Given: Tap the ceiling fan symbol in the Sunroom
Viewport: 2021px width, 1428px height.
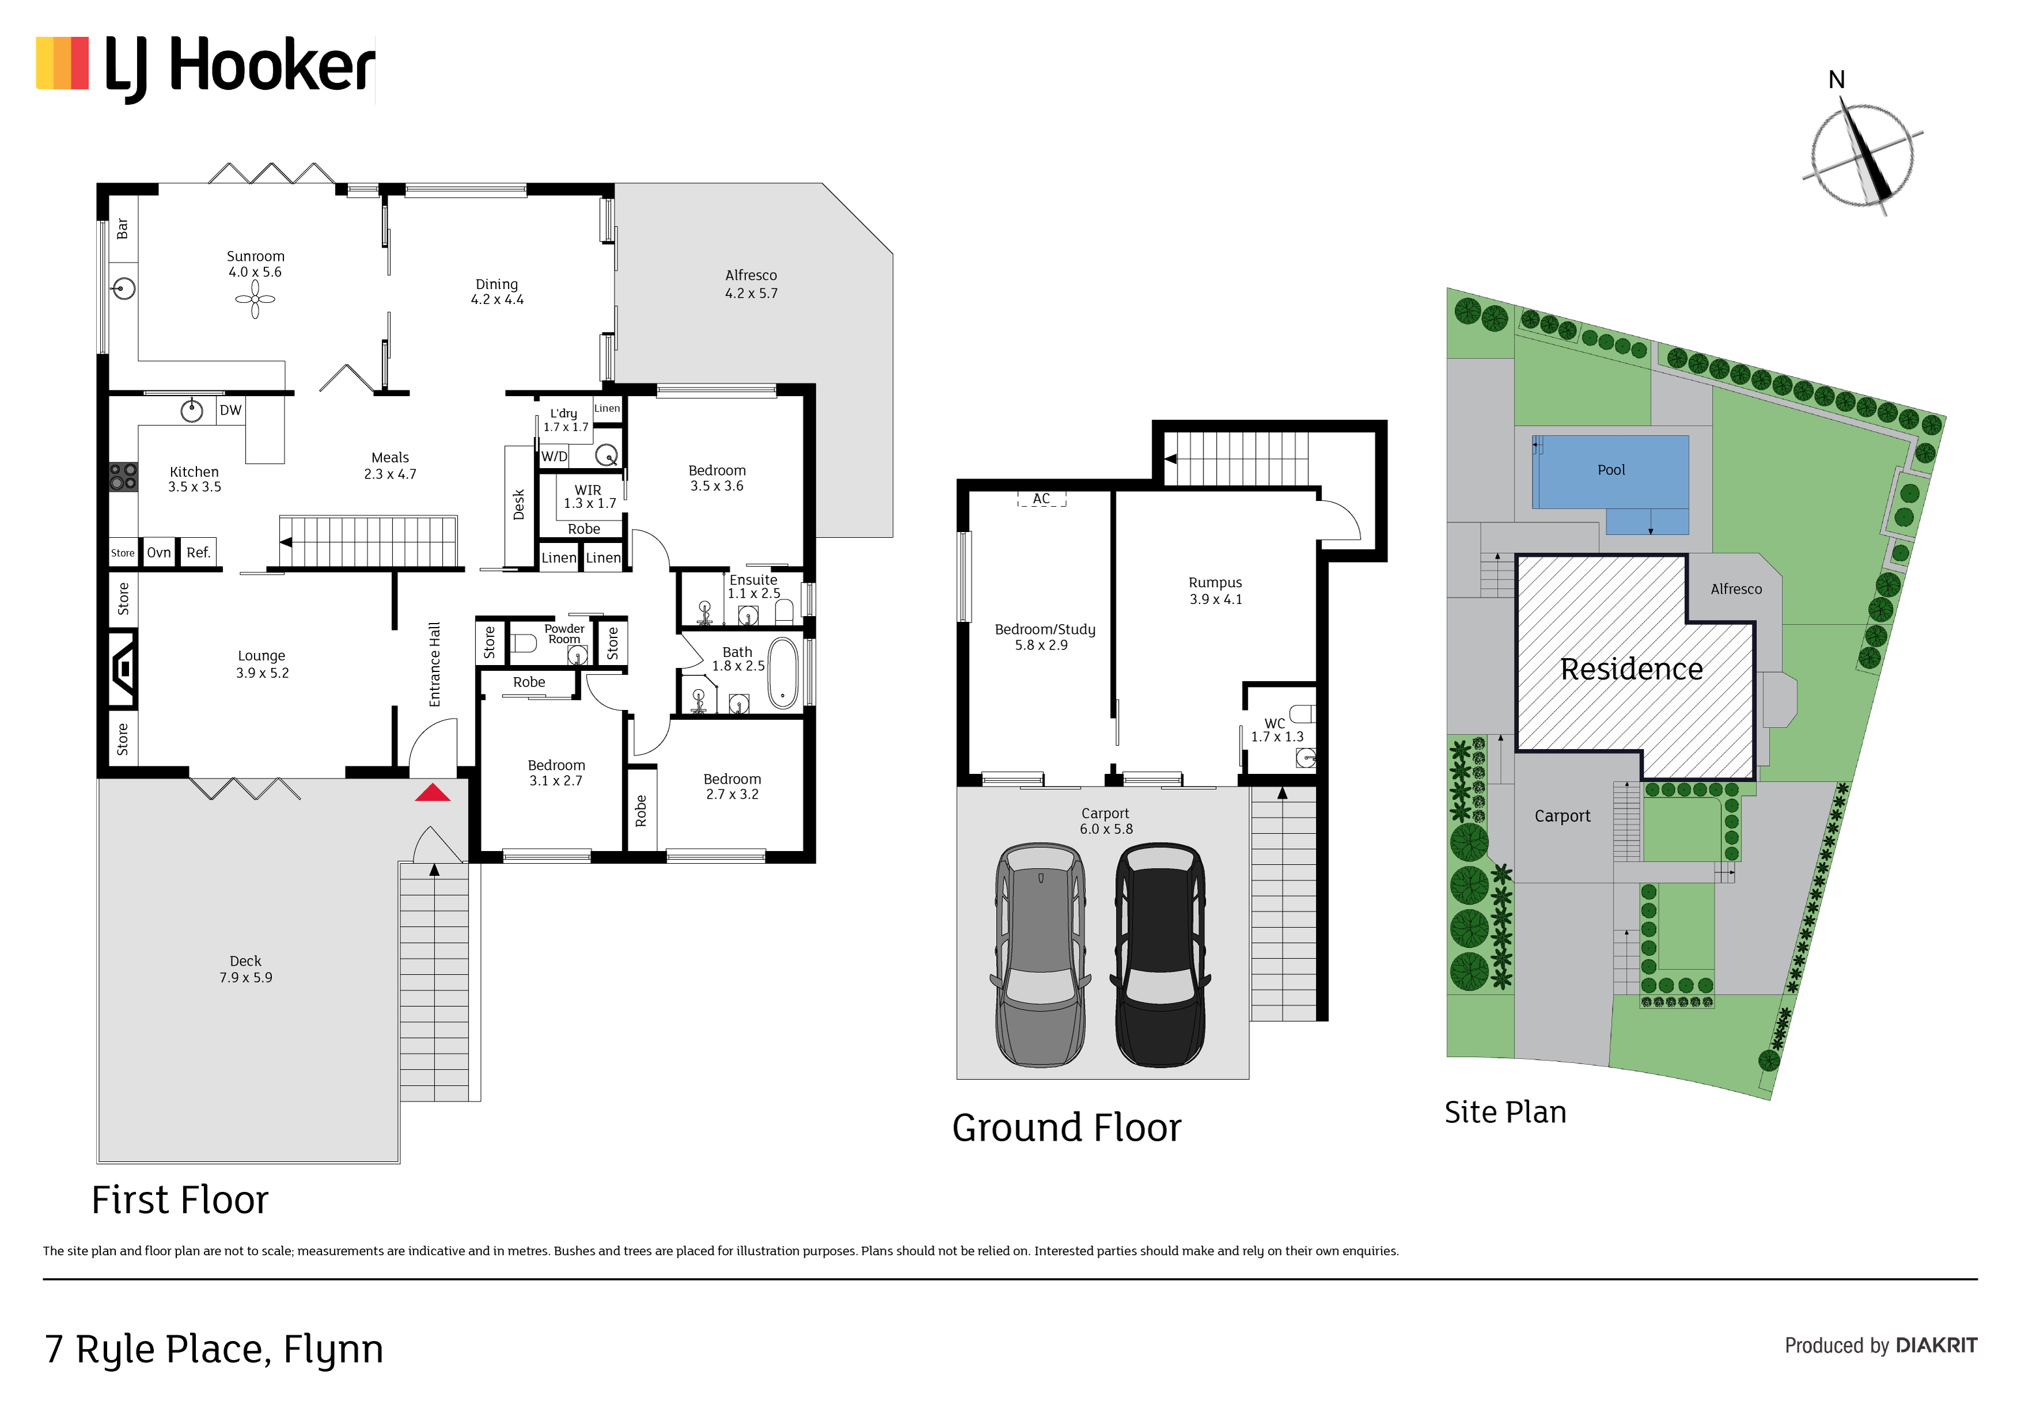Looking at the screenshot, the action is point(255,299).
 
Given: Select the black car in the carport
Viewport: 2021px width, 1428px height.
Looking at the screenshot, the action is point(1161,955).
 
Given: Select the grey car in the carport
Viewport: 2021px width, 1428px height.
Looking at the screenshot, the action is point(1040,955).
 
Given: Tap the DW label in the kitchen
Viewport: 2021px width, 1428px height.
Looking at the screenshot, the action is point(230,410).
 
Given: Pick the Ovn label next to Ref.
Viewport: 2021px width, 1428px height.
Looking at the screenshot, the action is point(158,553).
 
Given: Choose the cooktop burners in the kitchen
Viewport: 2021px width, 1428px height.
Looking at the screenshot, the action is point(123,477).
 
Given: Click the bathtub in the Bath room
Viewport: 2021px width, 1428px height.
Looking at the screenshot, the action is point(782,673).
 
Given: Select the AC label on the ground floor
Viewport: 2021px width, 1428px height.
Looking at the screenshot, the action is point(1041,499).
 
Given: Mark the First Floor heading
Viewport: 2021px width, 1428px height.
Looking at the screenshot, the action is point(180,1200).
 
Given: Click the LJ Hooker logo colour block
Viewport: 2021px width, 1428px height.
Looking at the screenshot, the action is point(62,63).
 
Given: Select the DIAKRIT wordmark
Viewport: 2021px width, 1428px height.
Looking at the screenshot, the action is point(1936,1345).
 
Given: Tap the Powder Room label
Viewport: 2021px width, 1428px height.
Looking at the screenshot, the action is point(564,633).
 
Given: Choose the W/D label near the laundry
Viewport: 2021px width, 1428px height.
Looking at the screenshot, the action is point(555,457).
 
